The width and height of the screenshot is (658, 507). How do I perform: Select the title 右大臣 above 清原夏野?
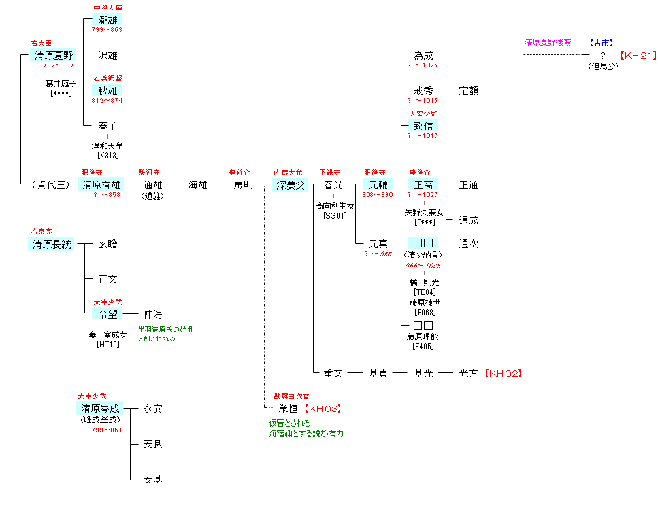tap(41, 43)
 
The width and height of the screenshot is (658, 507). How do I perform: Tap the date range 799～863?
tap(107, 30)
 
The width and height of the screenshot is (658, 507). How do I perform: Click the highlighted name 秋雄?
tap(107, 90)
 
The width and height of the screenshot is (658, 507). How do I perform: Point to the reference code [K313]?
tap(107, 155)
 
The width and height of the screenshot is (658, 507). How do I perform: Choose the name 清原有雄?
tap(101, 185)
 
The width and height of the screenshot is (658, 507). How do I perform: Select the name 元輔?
tap(378, 185)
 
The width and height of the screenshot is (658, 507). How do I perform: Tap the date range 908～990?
tap(378, 195)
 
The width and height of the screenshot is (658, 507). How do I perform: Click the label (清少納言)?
tap(423, 254)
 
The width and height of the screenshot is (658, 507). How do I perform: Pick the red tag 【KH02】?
tap(504, 374)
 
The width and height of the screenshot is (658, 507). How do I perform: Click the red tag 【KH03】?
tap(323, 409)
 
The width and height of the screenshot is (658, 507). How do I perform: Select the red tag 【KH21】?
tap(638, 56)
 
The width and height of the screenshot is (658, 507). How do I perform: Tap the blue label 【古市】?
tap(600, 43)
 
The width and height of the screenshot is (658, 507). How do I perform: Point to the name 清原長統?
tap(52, 244)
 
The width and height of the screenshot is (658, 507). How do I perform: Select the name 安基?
tap(153, 480)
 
